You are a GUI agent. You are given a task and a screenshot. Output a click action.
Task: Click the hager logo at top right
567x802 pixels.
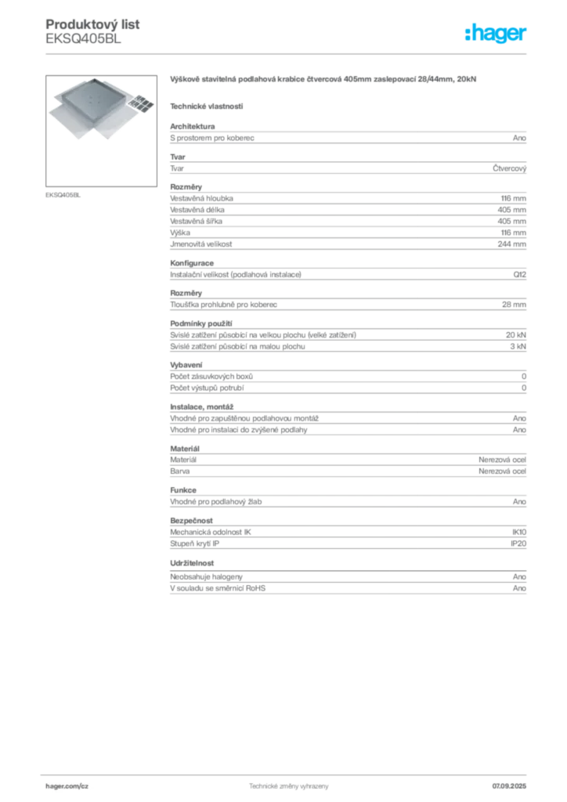coord(496,34)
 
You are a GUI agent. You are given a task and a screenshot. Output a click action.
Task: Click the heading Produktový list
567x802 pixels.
coord(92,24)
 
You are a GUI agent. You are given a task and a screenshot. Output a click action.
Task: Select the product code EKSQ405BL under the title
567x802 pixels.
coord(83,39)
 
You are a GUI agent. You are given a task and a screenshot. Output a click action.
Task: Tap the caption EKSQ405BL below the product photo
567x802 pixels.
coord(63,195)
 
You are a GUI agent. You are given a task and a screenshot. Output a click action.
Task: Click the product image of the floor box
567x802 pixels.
coord(101,131)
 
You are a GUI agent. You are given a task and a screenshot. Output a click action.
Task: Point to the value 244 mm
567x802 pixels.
coord(511,244)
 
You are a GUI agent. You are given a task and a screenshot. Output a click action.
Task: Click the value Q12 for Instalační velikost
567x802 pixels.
coord(520,275)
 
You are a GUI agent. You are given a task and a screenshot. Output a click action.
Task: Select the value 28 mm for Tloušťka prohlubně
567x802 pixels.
coord(514,305)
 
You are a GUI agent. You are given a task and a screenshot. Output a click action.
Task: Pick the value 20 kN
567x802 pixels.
coord(516,335)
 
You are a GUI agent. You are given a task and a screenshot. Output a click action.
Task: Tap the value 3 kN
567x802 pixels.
coord(518,346)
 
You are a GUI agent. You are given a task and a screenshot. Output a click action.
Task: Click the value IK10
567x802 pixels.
coord(519,532)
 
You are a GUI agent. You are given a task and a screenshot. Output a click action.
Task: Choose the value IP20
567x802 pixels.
coord(518,544)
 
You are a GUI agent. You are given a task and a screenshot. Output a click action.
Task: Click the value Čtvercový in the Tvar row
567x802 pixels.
coord(510,168)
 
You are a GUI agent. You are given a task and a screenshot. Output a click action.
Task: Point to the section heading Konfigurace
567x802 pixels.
coord(192,263)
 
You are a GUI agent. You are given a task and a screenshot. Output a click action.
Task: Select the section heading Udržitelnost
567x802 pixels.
coord(192,562)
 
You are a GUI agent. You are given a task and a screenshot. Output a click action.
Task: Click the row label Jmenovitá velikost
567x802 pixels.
coord(201,244)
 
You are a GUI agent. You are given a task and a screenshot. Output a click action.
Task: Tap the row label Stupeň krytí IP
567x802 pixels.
coord(195,544)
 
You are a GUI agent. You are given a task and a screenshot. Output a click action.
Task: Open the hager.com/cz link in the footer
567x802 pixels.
coord(67,786)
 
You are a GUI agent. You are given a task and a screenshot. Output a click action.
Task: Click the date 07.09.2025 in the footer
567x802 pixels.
coord(509,786)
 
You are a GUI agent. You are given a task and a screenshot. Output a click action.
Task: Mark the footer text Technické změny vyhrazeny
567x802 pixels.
coord(289,786)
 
